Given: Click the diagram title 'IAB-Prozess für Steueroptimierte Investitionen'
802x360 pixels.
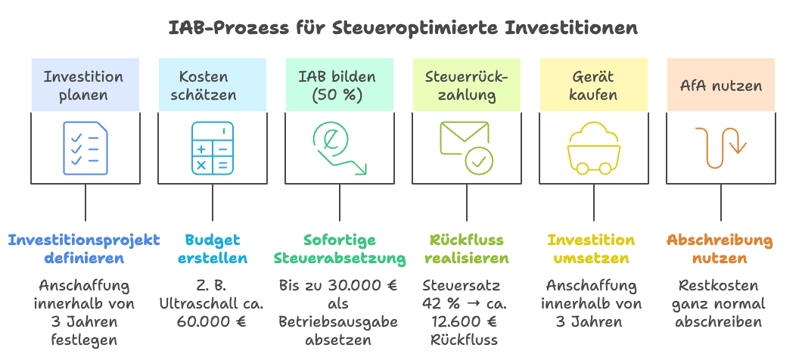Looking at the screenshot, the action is pyautogui.click(x=402, y=28).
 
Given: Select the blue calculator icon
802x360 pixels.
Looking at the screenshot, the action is pyautogui.click(x=212, y=147).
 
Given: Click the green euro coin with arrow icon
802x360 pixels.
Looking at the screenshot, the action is pyautogui.click(x=338, y=147).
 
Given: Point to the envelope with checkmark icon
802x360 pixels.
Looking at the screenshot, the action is pyautogui.click(x=466, y=147).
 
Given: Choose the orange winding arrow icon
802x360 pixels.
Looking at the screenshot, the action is pyautogui.click(x=720, y=147).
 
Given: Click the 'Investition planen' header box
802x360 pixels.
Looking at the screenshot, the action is pyautogui.click(x=85, y=85).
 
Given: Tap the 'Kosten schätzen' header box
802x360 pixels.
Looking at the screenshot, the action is pyautogui.click(x=212, y=85).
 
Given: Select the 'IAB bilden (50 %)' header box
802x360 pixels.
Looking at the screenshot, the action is pyautogui.click(x=338, y=85).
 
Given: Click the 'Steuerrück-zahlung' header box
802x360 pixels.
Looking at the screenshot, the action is pyautogui.click(x=466, y=85).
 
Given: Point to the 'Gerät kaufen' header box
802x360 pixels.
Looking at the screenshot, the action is pyautogui.click(x=593, y=85).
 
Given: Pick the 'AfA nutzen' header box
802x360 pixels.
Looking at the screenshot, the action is pyautogui.click(x=720, y=85).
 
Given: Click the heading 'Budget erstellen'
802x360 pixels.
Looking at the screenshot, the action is pyautogui.click(x=212, y=250).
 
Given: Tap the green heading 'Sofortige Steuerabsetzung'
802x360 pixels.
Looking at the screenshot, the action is pyautogui.click(x=338, y=250).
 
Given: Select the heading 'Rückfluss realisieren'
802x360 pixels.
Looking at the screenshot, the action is pyautogui.click(x=466, y=250).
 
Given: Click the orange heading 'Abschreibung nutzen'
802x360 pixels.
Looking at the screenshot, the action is pyautogui.click(x=720, y=250).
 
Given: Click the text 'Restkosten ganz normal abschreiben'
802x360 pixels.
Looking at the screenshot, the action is pyautogui.click(x=720, y=304).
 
